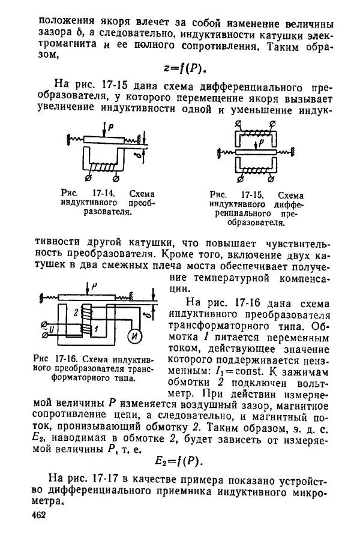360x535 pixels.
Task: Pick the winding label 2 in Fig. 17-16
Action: tap(74, 312)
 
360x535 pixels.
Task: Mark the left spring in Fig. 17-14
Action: tap(73, 139)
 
